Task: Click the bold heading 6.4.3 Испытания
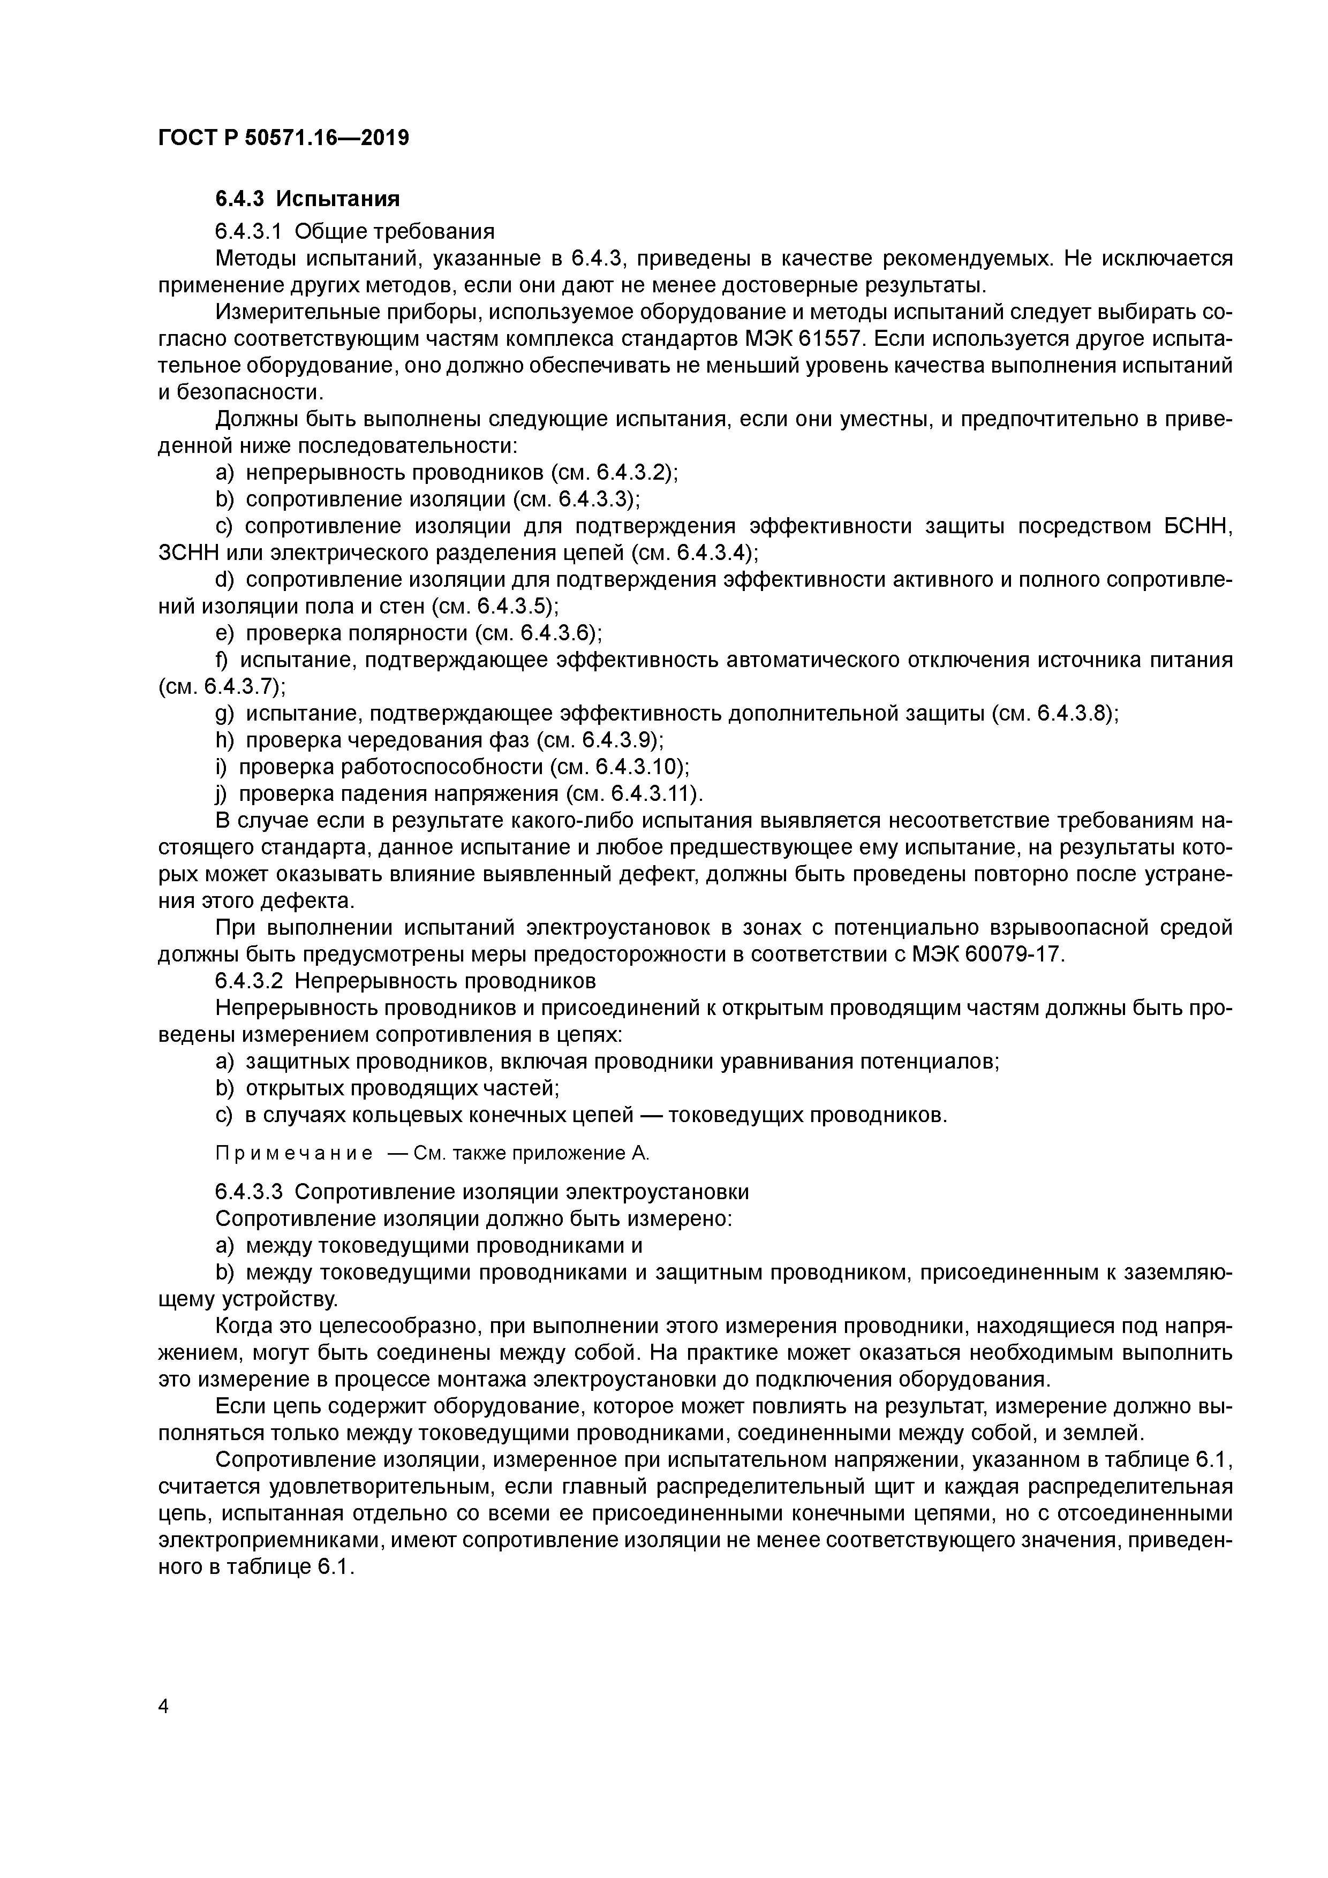click(x=307, y=199)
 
